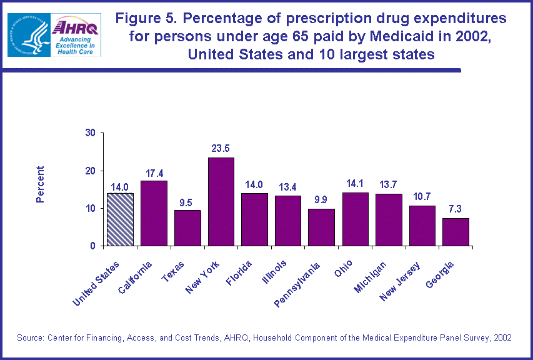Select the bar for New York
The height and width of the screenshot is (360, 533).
(221, 201)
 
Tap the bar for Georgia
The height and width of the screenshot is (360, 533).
(456, 232)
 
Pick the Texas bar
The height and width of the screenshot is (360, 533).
(187, 227)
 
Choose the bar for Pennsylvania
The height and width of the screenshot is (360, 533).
(321, 227)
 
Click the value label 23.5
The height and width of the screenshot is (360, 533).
(221, 149)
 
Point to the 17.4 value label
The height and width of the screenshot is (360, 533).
(154, 172)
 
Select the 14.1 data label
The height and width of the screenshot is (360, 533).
(355, 184)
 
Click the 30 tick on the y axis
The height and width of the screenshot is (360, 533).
(91, 132)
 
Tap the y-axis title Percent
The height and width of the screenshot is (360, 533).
(41, 184)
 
